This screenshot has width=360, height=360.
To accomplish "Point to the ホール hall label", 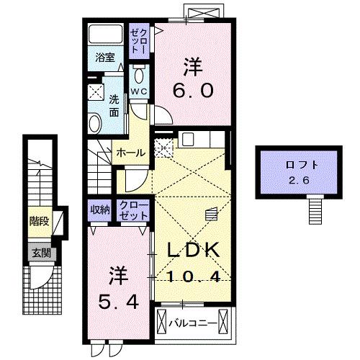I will point(130,153).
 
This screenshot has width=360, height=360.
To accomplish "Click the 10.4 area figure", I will point(194,277).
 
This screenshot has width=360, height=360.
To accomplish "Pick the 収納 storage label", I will point(100,210).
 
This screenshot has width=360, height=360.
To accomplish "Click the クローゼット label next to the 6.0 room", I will point(138,42).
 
